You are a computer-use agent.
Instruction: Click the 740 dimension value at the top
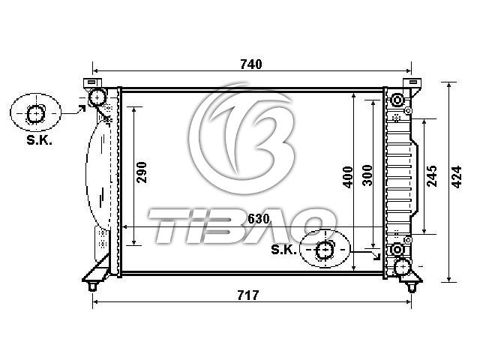pyautogui.click(x=251, y=64)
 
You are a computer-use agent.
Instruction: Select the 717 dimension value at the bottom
pyautogui.click(x=248, y=295)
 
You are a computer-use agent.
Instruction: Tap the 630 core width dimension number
pyautogui.click(x=259, y=219)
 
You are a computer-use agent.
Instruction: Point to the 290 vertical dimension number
pyautogui.click(x=142, y=172)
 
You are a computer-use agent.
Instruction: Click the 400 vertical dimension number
pyautogui.click(x=348, y=177)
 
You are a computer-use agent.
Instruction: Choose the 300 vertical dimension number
pyautogui.click(x=367, y=175)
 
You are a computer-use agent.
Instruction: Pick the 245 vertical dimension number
pyautogui.click(x=432, y=176)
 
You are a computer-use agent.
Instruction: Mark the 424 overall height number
pyautogui.click(x=457, y=177)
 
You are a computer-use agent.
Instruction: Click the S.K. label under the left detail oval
pyautogui.click(x=39, y=140)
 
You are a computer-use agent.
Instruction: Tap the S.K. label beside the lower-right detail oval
pyautogui.click(x=283, y=250)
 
